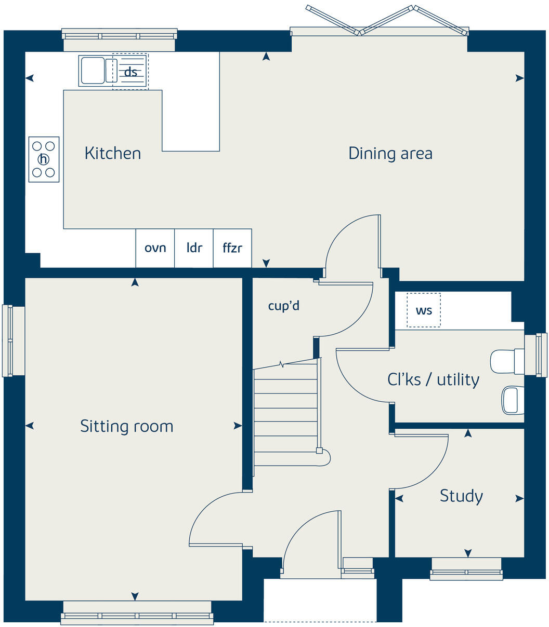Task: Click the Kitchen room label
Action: click(112, 154)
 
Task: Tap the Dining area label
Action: click(390, 154)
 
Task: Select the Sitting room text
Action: click(126, 426)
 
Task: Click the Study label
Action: click(461, 496)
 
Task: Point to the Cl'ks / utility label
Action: click(433, 379)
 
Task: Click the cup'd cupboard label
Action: click(283, 306)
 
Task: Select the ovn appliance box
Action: click(155, 248)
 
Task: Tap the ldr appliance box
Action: click(194, 248)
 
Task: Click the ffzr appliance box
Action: click(232, 248)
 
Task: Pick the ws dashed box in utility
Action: click(424, 310)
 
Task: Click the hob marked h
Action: click(44, 159)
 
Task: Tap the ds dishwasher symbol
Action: click(130, 72)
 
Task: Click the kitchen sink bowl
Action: click(92, 71)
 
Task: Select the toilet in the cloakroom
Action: click(507, 361)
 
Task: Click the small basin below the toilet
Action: click(513, 401)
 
